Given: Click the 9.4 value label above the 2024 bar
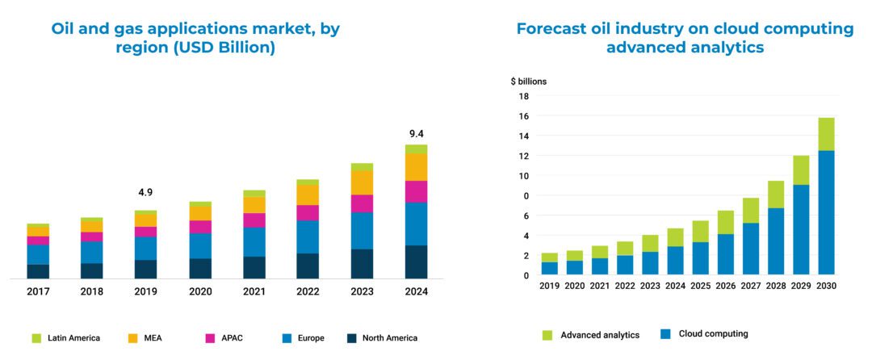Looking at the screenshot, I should [416, 134].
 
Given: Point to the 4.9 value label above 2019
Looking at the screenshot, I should [145, 193].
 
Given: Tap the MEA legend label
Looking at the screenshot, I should [153, 338].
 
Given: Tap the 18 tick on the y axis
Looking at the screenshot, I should [523, 96].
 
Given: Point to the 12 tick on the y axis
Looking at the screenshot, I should [523, 156].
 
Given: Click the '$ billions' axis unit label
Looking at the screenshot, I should [528, 82].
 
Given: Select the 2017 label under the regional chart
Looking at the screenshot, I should [38, 291].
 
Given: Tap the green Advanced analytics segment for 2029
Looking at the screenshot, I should [800, 170].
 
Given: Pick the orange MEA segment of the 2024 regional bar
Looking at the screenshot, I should [416, 167].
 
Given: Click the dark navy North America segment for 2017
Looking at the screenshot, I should [38, 270].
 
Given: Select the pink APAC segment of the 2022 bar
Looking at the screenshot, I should [308, 212].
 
